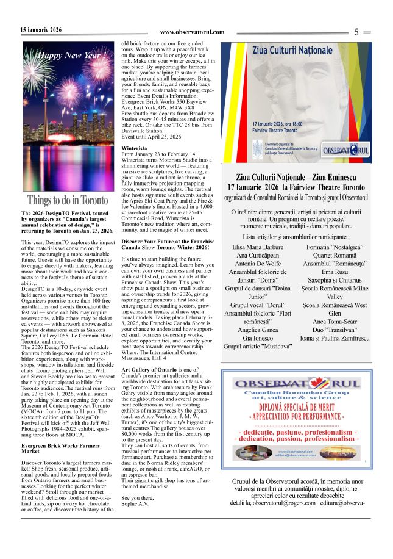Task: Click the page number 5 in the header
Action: click(x=356, y=32)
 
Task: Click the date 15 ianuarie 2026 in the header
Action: click(x=41, y=29)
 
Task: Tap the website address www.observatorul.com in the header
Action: click(x=192, y=32)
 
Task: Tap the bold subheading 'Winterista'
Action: click(x=134, y=148)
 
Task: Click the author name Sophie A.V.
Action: click(x=135, y=504)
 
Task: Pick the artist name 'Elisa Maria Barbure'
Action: click(x=258, y=247)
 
